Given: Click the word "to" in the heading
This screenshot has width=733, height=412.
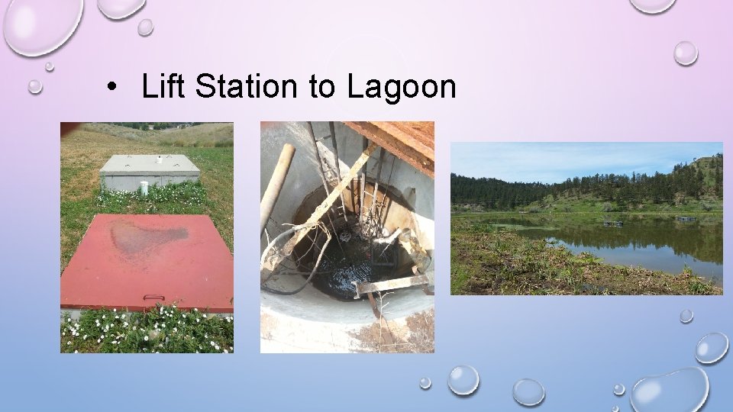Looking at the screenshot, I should tap(322, 88).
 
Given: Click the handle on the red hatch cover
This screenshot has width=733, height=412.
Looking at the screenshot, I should tap(153, 298).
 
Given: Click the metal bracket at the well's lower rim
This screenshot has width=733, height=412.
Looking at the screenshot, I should tap(393, 284).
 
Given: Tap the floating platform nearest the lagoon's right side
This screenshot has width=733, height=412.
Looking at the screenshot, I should tap(685, 219).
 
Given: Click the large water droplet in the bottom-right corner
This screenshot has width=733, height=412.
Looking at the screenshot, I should tap(670, 389).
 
